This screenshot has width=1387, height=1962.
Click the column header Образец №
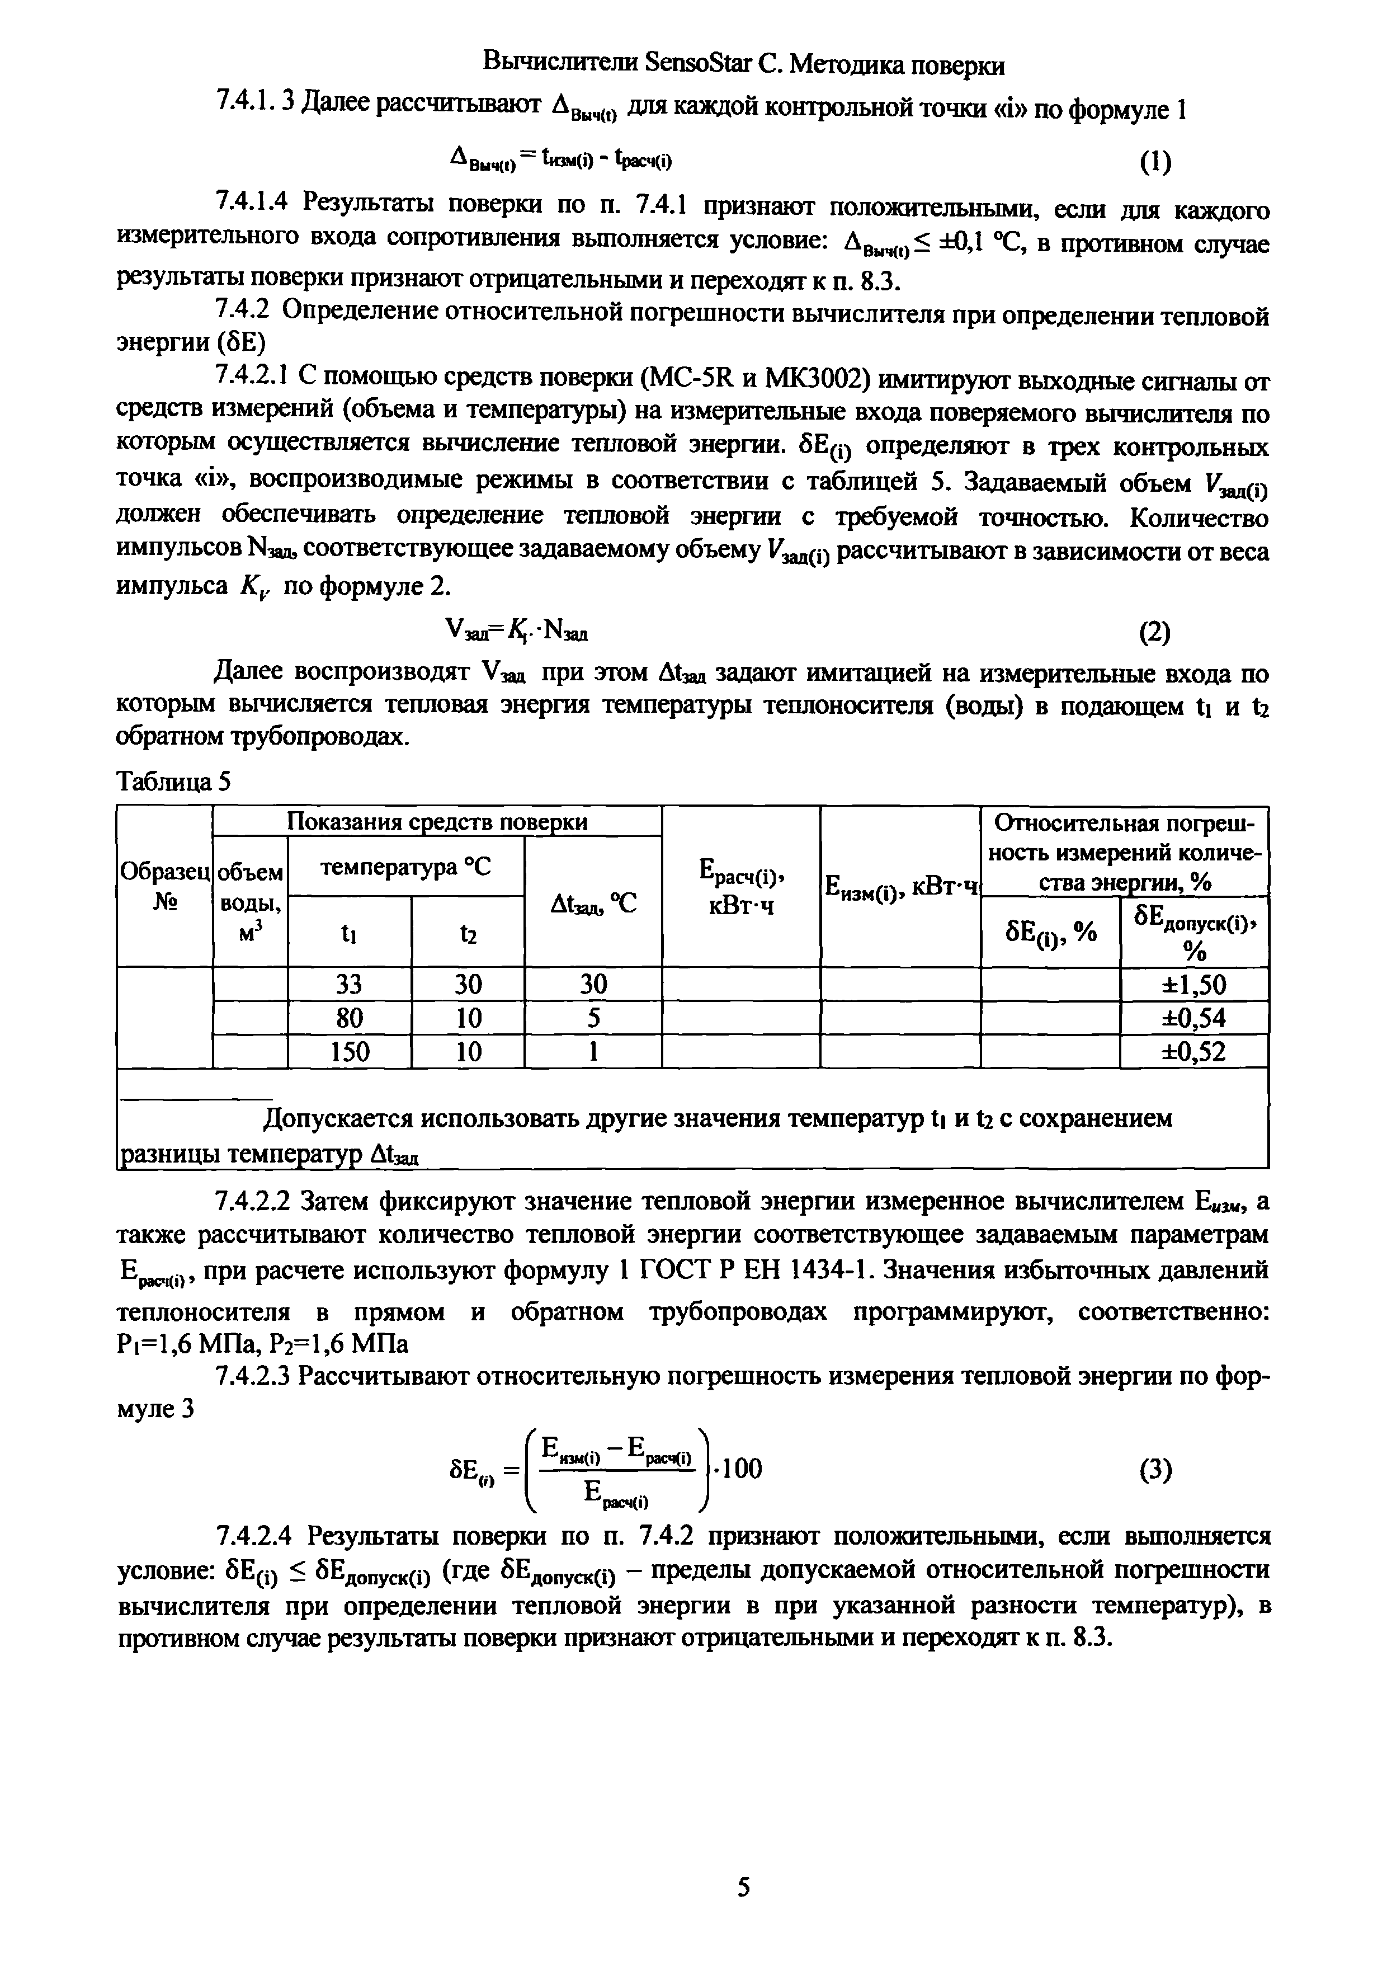click(163, 886)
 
